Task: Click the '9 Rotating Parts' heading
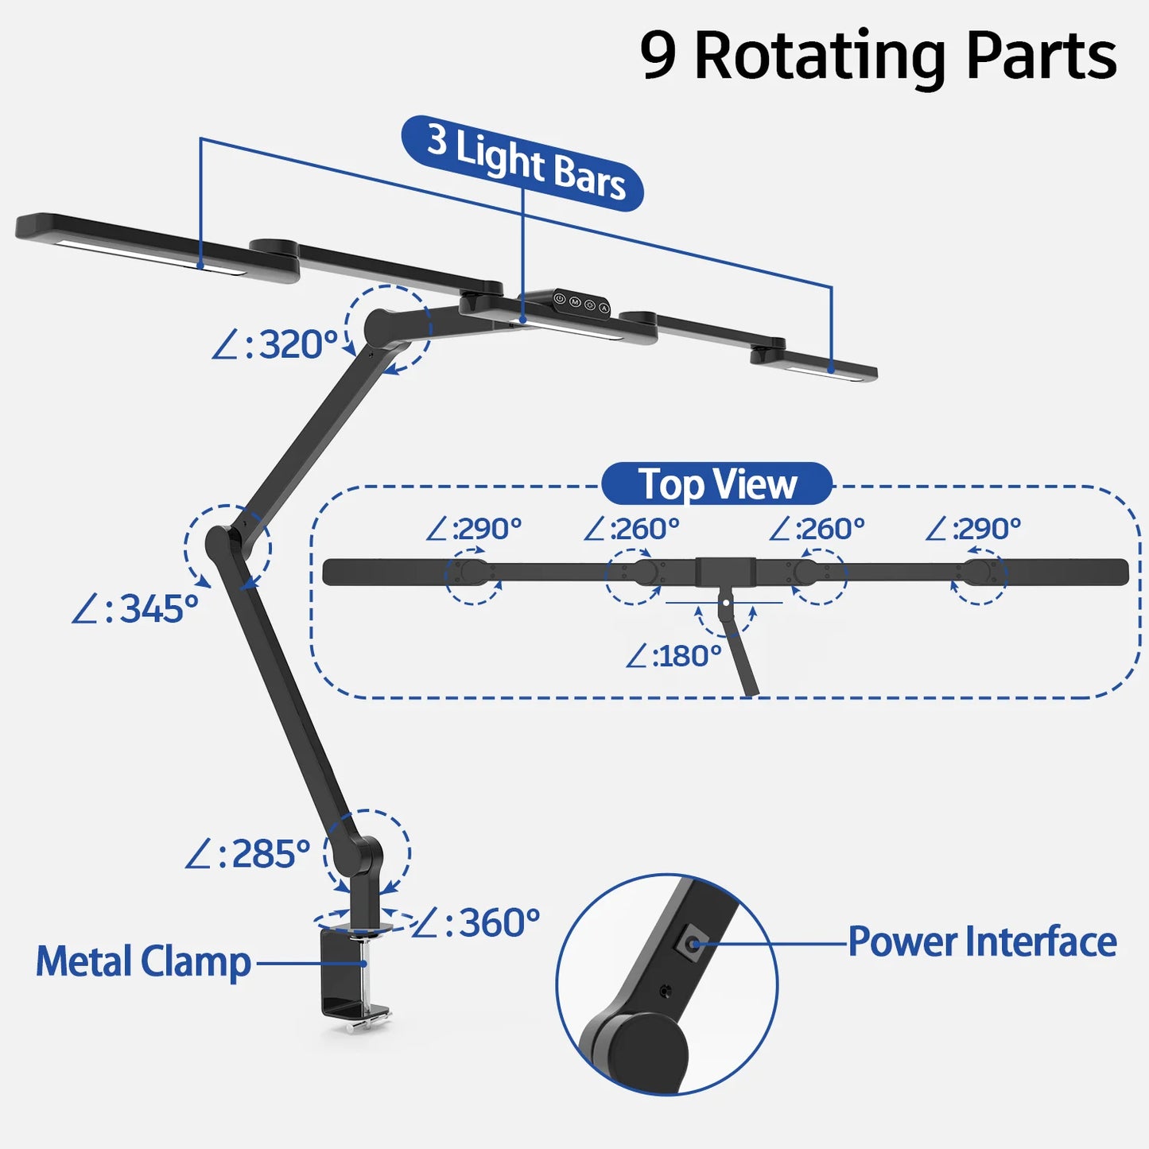coord(878,56)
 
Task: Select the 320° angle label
coord(275,345)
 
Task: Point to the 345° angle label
coord(135,610)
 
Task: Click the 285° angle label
coord(247,854)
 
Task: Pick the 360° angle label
coord(477,923)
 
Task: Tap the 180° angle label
coord(673,657)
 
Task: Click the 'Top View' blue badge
coord(716,484)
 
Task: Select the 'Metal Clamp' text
coord(143,962)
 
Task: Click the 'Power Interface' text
coord(982,942)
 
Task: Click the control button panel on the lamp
coord(581,303)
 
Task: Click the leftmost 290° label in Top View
coord(474,529)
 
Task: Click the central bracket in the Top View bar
coord(725,572)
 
